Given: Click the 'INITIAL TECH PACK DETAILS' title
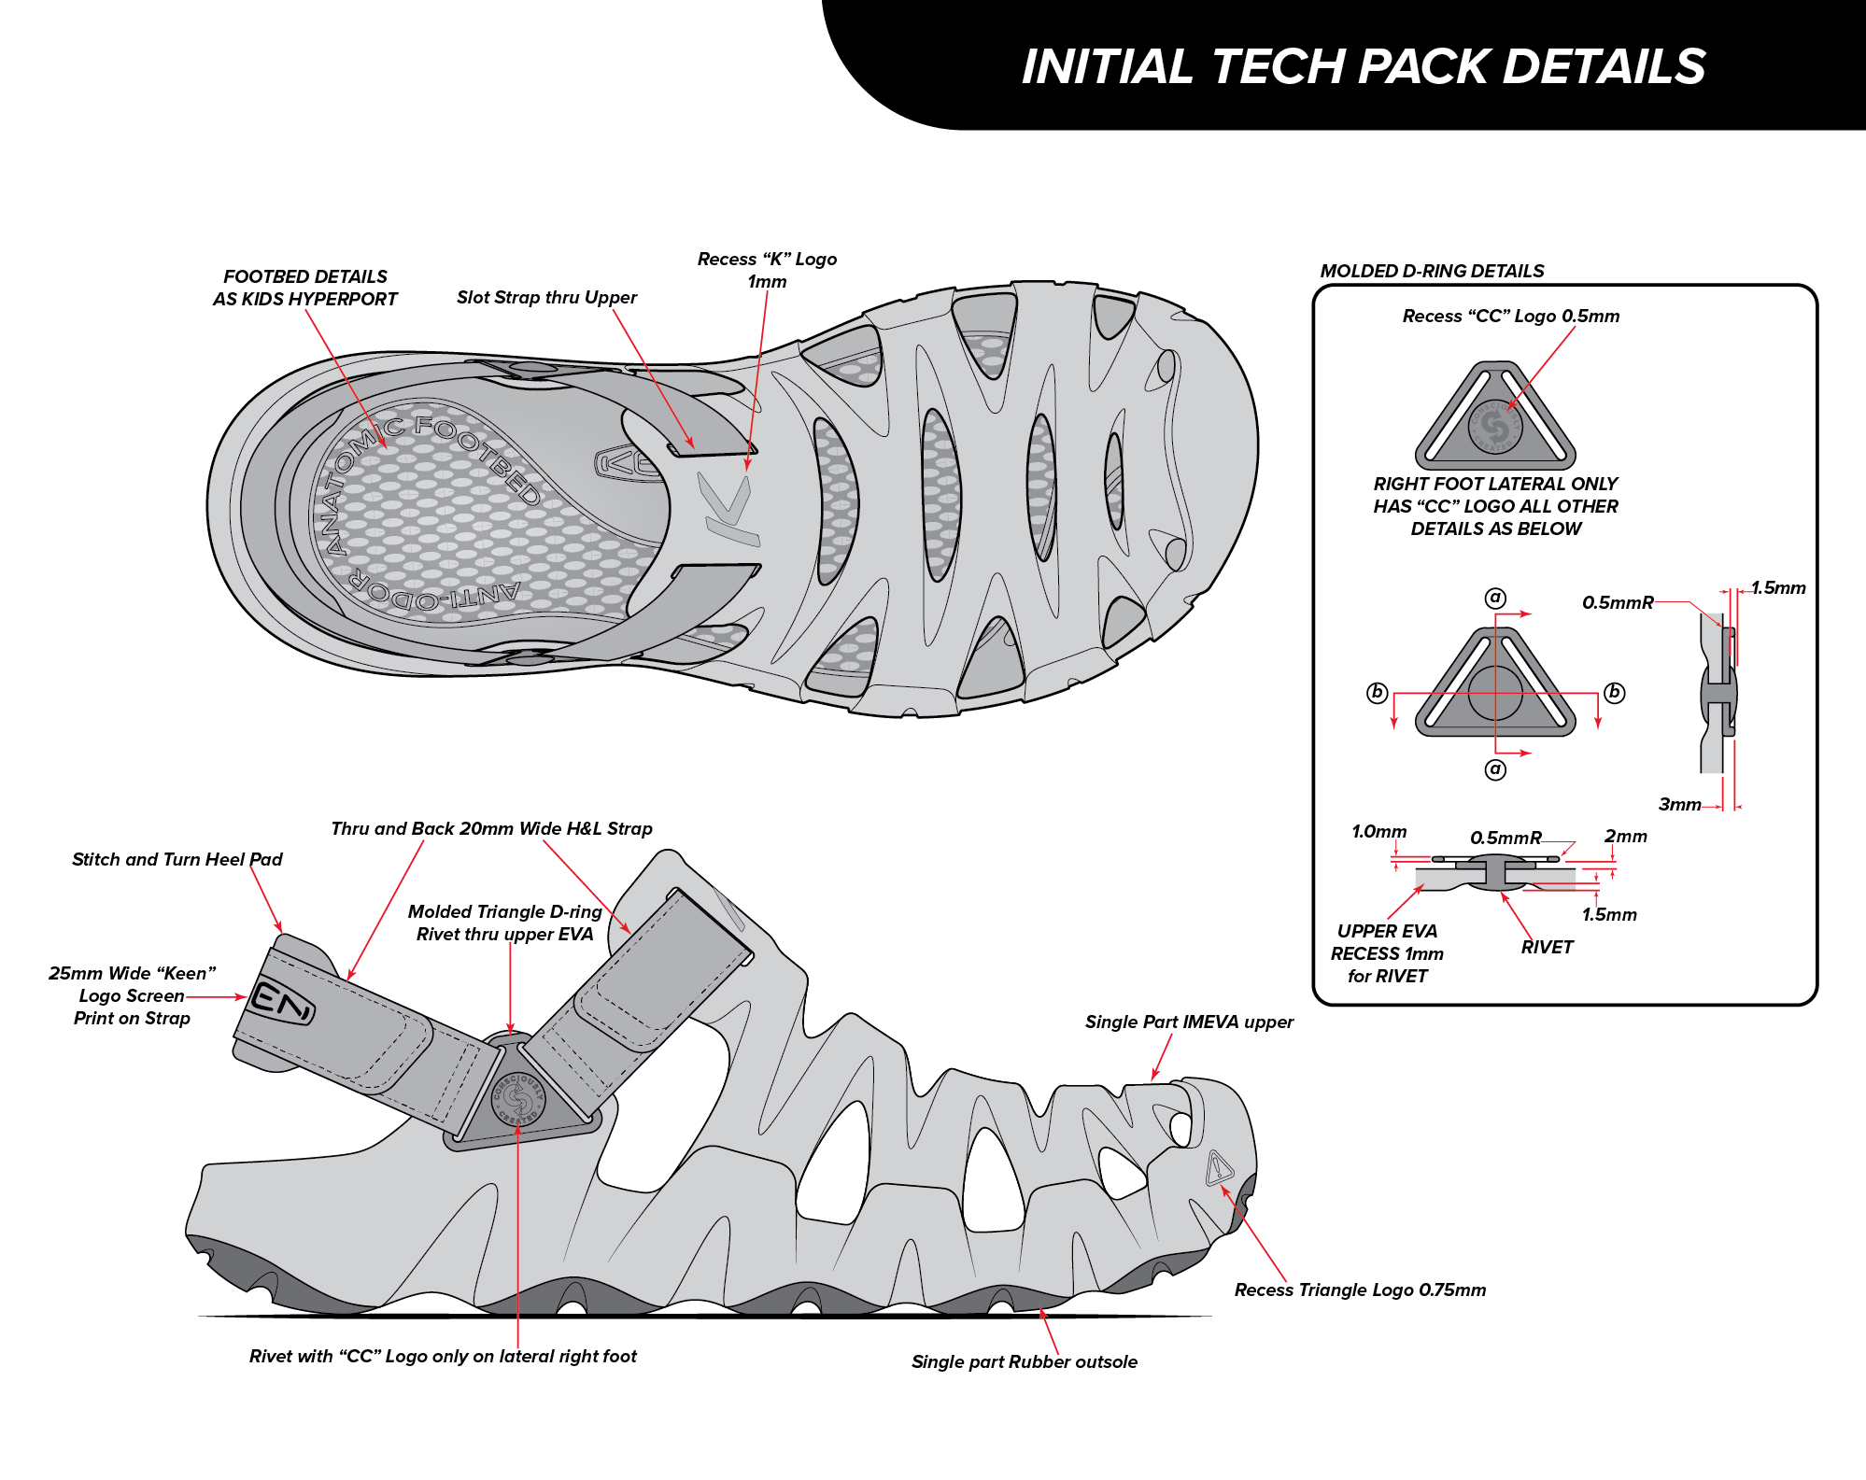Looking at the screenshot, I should (1364, 67).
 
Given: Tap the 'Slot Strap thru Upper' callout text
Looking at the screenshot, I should (546, 298).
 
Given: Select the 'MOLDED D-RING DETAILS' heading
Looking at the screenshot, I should (1432, 271).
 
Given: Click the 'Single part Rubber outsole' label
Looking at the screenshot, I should (1024, 1361).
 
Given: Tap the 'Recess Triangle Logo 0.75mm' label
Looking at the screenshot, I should (1359, 1290).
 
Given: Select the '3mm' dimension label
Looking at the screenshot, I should (1679, 804).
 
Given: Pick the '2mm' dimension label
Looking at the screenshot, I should (1625, 836).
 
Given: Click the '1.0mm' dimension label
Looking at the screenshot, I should (1378, 831).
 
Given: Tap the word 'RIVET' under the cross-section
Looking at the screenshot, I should (1547, 947).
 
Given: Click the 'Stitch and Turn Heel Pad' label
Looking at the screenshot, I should (177, 859).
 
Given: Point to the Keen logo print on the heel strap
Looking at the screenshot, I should (280, 1001).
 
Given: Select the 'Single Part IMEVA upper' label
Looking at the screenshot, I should (1189, 1022).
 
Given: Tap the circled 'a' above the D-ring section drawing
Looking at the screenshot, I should (1495, 598).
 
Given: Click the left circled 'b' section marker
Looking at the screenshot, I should (1377, 693).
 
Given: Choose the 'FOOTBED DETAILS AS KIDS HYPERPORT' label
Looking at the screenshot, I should (304, 288).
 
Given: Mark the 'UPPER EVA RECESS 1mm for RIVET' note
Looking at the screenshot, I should (1387, 953).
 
